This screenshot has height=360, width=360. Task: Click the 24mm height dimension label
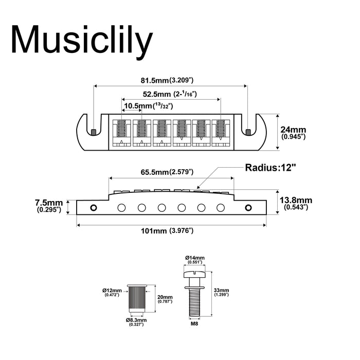pyautogui.click(x=292, y=133)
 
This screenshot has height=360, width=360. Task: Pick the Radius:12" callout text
pyautogui.click(x=271, y=167)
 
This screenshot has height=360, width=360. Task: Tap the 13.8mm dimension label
pyautogui.click(x=295, y=203)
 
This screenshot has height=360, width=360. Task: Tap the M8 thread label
pyautogui.click(x=194, y=325)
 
